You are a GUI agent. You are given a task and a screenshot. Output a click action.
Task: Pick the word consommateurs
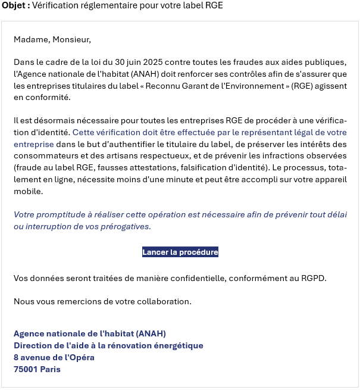click(42, 157)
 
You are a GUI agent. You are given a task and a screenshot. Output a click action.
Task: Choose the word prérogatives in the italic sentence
click(126, 226)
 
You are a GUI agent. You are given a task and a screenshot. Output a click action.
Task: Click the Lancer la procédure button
click(180, 252)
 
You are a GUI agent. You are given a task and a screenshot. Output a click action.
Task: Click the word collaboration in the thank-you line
click(163, 301)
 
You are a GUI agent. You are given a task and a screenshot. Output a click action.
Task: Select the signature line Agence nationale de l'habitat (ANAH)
click(90, 333)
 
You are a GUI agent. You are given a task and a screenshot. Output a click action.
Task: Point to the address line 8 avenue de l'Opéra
click(54, 357)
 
